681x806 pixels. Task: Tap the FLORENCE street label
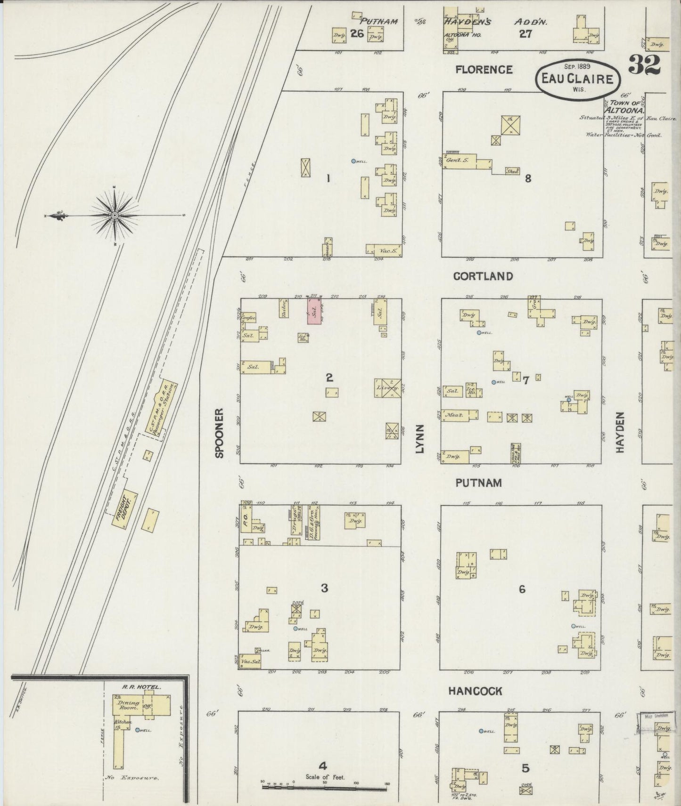pos(484,70)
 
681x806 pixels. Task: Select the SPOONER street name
pos(219,433)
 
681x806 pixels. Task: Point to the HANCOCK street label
pos(475,691)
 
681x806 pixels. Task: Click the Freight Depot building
pos(124,511)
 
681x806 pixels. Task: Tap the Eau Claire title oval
pos(577,78)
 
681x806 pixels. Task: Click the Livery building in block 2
pos(388,388)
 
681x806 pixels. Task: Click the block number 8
pos(528,178)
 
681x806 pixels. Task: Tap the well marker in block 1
pos(353,161)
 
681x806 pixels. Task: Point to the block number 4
pos(322,765)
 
